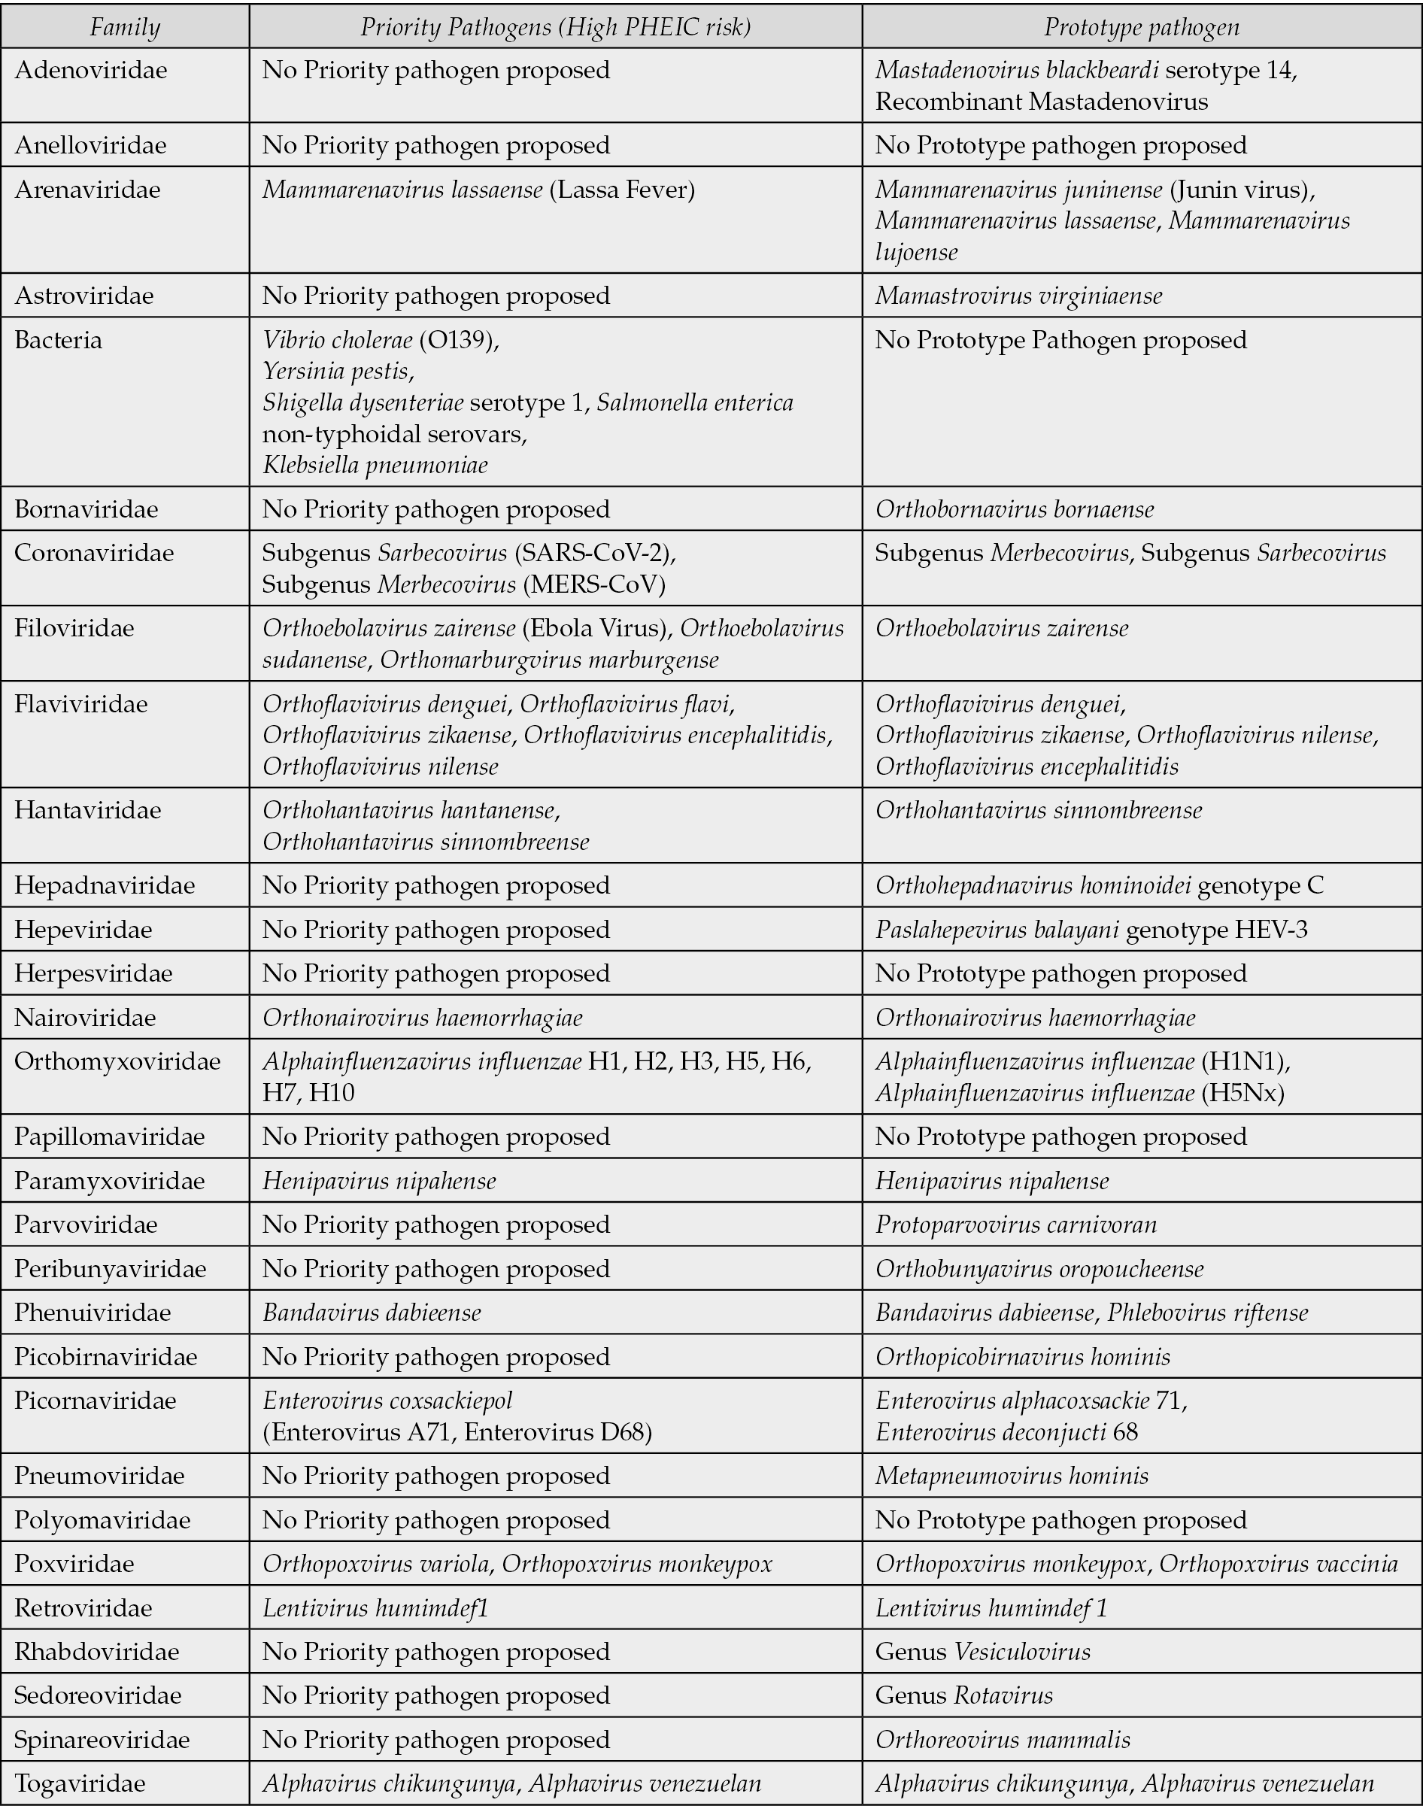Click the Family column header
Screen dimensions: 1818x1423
125,28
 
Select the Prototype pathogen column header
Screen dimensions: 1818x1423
1142,28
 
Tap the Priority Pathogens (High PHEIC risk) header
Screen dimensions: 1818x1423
555,28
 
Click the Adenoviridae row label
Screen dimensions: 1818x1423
91,70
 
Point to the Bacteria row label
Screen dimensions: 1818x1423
59,340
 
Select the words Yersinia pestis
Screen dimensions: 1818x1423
338,371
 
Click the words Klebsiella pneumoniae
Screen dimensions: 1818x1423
375,465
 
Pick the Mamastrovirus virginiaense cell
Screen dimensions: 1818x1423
1018,296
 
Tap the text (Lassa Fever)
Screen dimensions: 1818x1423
621,190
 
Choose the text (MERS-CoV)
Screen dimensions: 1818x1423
594,585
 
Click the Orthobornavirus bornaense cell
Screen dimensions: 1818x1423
1015,509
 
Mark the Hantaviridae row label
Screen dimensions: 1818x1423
87,810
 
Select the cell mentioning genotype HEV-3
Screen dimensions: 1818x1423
1091,929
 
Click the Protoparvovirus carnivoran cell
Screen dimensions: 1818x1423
1015,1225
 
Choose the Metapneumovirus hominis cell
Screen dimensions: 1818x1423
1012,1476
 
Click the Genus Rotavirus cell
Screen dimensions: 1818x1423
964,1695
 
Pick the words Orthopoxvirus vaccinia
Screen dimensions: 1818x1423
1278,1564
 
